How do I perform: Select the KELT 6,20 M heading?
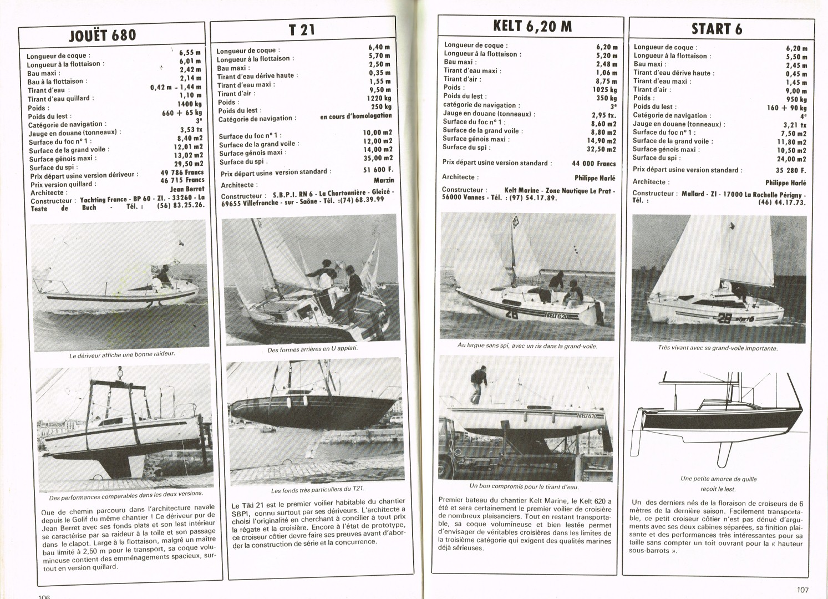[x=532, y=26]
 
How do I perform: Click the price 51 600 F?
[x=378, y=169]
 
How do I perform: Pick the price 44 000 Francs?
[x=594, y=164]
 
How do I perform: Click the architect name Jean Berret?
[x=187, y=189]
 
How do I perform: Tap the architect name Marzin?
[x=384, y=180]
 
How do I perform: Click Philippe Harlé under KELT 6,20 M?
[x=595, y=178]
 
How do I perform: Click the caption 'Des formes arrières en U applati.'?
[x=312, y=349]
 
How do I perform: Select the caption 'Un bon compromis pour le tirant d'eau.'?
[x=524, y=486]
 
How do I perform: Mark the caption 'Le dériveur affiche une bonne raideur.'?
[x=122, y=354]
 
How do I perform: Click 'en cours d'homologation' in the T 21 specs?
[x=355, y=116]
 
